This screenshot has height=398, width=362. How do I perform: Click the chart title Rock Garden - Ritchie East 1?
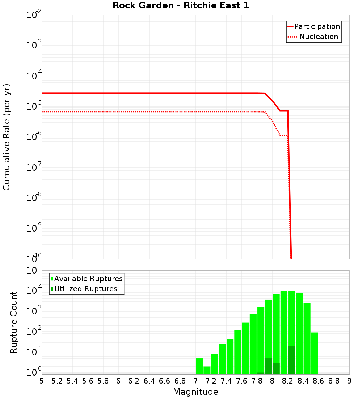click(x=181, y=5)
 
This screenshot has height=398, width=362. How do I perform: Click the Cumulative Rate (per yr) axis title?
click(x=7, y=137)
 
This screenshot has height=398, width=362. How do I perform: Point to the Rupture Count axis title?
click(x=14, y=322)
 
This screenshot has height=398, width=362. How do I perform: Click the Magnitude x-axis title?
click(x=195, y=392)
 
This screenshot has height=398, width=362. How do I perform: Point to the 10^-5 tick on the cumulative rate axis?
click(x=34, y=107)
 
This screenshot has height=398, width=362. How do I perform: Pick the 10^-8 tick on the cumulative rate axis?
click(x=34, y=198)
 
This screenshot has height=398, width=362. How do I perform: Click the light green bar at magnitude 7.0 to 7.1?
click(x=199, y=366)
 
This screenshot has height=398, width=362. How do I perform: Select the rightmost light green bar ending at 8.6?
click(x=315, y=353)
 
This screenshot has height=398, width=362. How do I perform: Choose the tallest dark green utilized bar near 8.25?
click(x=291, y=360)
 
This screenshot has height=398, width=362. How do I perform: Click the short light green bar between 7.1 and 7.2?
click(x=207, y=370)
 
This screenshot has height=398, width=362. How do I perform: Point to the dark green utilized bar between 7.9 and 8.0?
click(x=268, y=366)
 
